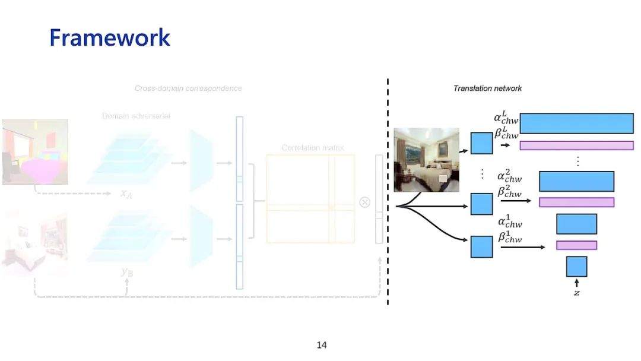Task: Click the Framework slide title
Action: click(x=110, y=37)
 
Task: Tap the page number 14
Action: click(x=322, y=345)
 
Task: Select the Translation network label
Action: click(x=487, y=88)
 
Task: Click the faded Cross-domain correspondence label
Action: click(x=188, y=88)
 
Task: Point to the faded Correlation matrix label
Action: click(x=312, y=147)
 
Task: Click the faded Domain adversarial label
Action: click(x=136, y=116)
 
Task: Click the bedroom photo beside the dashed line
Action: click(x=426, y=160)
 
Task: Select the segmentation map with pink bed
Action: click(x=35, y=151)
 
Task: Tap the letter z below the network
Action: click(x=576, y=293)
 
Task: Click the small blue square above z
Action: click(x=576, y=267)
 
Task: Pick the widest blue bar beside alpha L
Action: click(x=576, y=123)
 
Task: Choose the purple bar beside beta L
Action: click(x=576, y=145)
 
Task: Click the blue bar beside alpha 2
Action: click(x=576, y=181)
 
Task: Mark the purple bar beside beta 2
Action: click(x=576, y=202)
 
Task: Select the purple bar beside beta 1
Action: click(x=576, y=245)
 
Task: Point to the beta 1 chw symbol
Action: click(x=510, y=237)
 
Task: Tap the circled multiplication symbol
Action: click(x=365, y=202)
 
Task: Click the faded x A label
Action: click(x=126, y=194)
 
